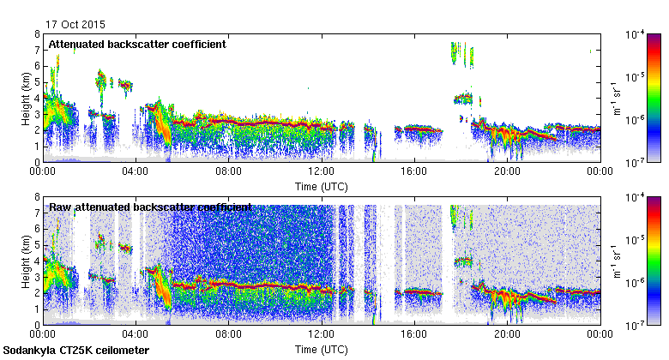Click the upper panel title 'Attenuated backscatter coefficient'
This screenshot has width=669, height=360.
point(137,44)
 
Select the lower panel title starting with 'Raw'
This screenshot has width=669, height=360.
point(150,207)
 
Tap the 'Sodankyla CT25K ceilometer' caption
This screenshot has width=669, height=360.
point(76,351)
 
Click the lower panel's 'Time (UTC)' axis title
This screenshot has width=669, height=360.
point(321,350)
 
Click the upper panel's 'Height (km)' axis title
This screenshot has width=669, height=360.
point(27,98)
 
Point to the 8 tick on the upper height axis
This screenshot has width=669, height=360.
point(37,34)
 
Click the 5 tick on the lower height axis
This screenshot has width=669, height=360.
point(37,244)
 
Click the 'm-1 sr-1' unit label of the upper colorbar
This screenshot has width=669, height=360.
point(615,98)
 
